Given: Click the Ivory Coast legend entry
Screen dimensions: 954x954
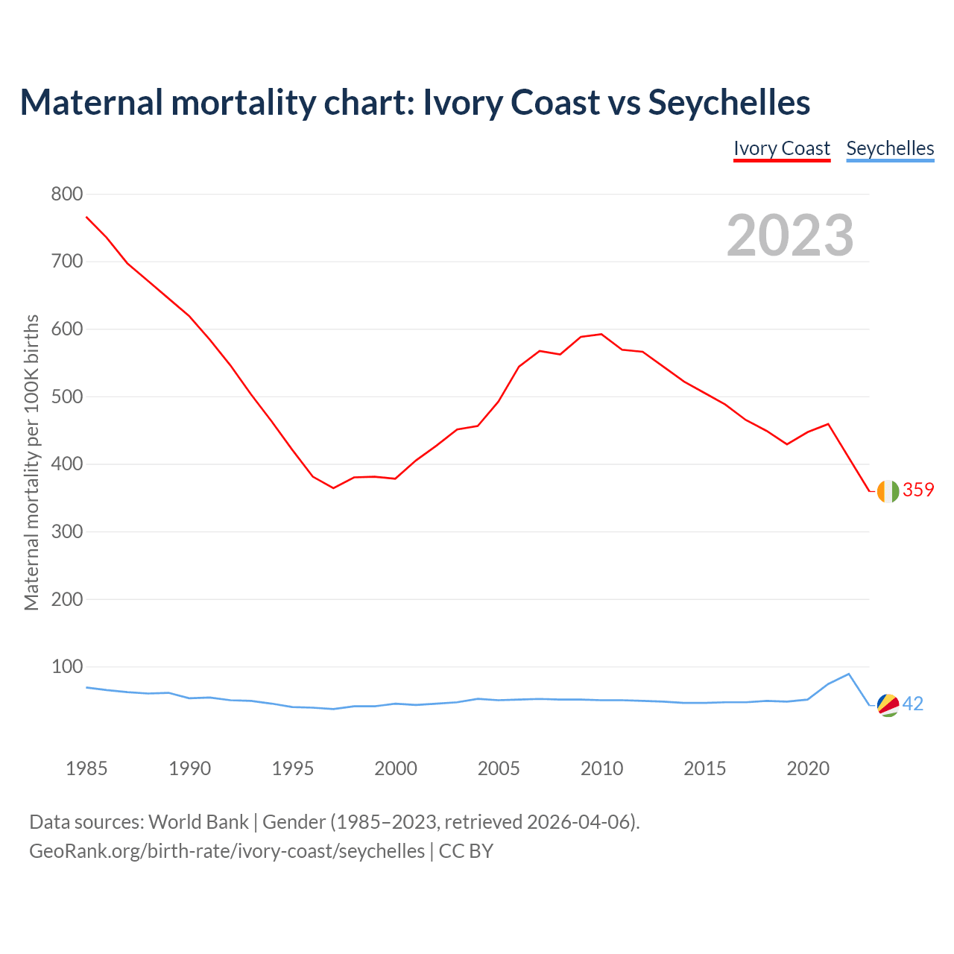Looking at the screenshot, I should (x=782, y=148).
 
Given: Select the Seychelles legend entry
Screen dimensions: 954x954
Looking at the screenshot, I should (x=890, y=148).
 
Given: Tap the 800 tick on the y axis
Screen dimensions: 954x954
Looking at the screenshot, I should (x=66, y=195).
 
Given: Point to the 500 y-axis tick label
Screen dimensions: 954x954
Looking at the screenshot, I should (x=66, y=397).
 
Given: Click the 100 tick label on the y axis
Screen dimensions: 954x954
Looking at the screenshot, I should (x=66, y=667).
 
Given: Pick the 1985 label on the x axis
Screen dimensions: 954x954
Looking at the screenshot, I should (x=86, y=768).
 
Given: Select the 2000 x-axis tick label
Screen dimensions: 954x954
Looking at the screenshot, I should (x=396, y=768).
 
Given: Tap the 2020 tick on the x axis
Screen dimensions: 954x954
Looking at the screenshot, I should (x=808, y=768).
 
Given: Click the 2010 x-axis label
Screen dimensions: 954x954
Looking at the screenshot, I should (x=601, y=768).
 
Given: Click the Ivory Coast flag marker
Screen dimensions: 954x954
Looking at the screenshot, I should (x=888, y=491).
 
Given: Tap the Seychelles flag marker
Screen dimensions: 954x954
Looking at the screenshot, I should (x=888, y=704).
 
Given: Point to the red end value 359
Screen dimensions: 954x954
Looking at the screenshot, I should (x=918, y=490).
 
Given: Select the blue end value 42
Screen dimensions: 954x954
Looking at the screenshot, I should (x=913, y=704).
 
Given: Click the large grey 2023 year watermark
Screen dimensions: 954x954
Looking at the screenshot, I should (x=790, y=236).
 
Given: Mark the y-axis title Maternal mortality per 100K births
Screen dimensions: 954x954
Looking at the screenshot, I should (x=31, y=462).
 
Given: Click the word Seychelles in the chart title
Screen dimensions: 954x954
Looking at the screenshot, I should (x=729, y=102).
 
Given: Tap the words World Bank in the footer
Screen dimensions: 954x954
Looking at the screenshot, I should (x=198, y=822).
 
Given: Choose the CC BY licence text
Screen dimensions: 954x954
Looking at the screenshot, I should (x=466, y=851).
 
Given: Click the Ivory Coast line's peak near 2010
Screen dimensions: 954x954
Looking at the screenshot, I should (x=601, y=334).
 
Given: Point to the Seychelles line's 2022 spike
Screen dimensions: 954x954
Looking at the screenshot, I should (x=848, y=674).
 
